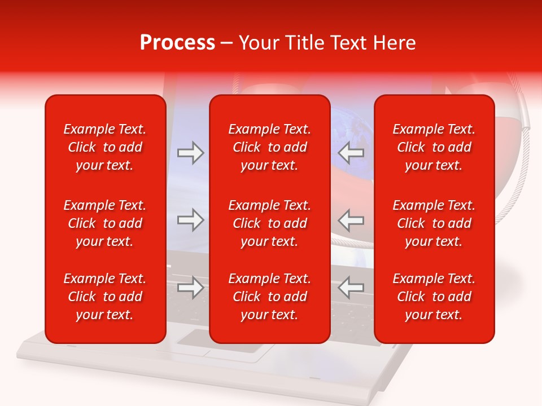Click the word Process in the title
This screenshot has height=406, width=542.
pos(177,43)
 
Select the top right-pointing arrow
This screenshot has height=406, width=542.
pos(190,153)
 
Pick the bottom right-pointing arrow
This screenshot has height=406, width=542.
pos(190,288)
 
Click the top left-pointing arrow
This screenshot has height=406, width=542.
pos(351,153)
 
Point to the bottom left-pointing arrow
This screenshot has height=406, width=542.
pos(351,288)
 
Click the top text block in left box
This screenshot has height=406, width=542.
pos(105,147)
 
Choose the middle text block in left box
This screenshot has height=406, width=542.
pos(105,223)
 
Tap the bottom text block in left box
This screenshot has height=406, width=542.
pos(105,297)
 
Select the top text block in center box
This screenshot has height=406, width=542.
pos(269,147)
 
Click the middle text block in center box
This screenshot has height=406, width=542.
pos(269,223)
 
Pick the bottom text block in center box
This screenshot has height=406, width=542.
pos(269,297)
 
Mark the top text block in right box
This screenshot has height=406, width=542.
pos(434,147)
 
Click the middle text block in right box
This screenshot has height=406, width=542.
pos(434,223)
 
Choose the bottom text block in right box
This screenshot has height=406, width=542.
pos(434,297)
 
